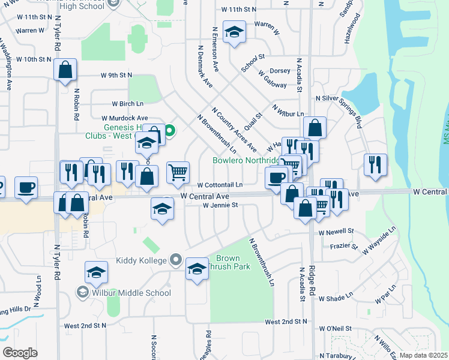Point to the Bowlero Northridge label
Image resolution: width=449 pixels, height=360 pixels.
[246, 161]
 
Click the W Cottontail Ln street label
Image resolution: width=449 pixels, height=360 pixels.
[220, 185]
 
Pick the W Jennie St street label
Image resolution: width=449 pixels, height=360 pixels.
[220, 205]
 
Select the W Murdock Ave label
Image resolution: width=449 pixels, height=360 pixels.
[124, 118]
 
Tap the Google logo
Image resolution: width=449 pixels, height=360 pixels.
[20, 352]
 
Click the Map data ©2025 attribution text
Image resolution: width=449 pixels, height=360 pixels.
[423, 355]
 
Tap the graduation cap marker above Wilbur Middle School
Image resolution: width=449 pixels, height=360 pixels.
[96, 273]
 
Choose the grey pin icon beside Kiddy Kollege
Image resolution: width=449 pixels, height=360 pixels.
[175, 260]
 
